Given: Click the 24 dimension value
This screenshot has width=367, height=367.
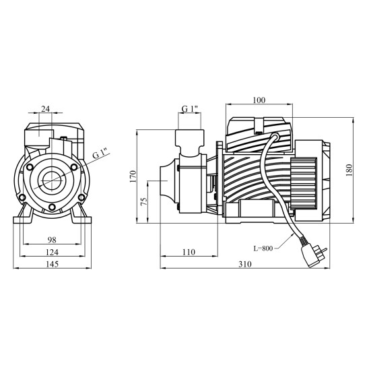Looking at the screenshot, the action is point(45,109).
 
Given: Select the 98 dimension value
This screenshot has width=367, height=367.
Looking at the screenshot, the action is point(52,240).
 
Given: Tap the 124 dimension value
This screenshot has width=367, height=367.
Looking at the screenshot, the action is point(52,252).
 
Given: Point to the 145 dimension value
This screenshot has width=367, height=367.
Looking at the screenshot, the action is point(52,264).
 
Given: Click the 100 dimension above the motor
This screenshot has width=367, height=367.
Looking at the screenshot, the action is point(259,100).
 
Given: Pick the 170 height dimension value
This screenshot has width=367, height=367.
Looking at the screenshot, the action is point(133,176).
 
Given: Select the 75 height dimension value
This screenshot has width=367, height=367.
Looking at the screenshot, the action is point(144,202).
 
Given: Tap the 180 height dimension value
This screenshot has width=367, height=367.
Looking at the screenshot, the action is point(349,170).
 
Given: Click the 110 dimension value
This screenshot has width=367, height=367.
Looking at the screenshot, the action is point(189,252).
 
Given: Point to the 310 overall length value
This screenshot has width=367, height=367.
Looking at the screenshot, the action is point(245,264).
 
